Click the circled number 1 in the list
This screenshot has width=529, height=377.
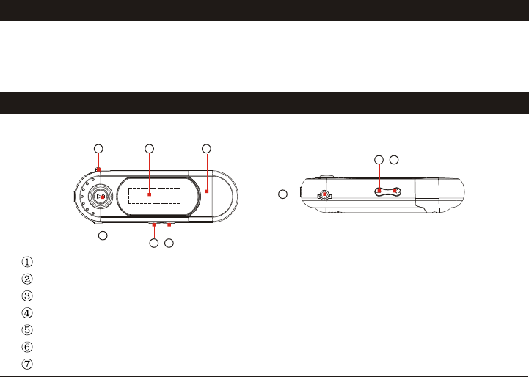pos(27,262)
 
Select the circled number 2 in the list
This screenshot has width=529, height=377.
pos(27,279)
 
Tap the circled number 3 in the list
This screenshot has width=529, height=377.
pos(27,296)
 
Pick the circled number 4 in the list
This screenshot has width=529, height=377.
pos(27,313)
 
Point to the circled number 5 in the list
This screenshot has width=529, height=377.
pos(27,330)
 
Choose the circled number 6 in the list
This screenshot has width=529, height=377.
pos(27,347)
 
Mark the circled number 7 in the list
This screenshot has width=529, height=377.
pos(27,364)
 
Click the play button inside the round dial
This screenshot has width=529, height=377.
pos(101,197)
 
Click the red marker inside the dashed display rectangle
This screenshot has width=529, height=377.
pos(150,194)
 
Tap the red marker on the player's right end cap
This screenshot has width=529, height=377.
pos(207,191)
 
